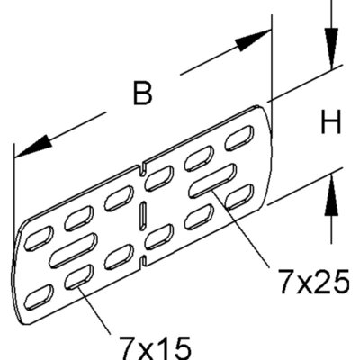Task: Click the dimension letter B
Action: tap(142, 94)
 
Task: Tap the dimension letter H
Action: tap(331, 122)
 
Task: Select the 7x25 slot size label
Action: tap(313, 282)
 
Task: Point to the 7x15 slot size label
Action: tap(155, 348)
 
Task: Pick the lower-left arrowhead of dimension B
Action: tap(34, 146)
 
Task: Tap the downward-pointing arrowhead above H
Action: tap(331, 49)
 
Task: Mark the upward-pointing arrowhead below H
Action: tap(331, 195)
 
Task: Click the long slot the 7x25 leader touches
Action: tap(212, 181)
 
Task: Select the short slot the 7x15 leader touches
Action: tap(79, 277)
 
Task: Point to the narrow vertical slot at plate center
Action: tap(143, 217)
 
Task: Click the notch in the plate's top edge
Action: tap(143, 168)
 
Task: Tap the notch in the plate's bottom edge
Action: tap(143, 262)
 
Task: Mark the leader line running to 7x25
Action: tap(239, 228)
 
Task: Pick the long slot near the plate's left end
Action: tap(74, 250)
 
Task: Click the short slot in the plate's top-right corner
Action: tap(239, 138)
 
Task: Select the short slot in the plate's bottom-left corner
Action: tap(39, 297)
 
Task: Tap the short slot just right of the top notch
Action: tap(159, 178)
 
